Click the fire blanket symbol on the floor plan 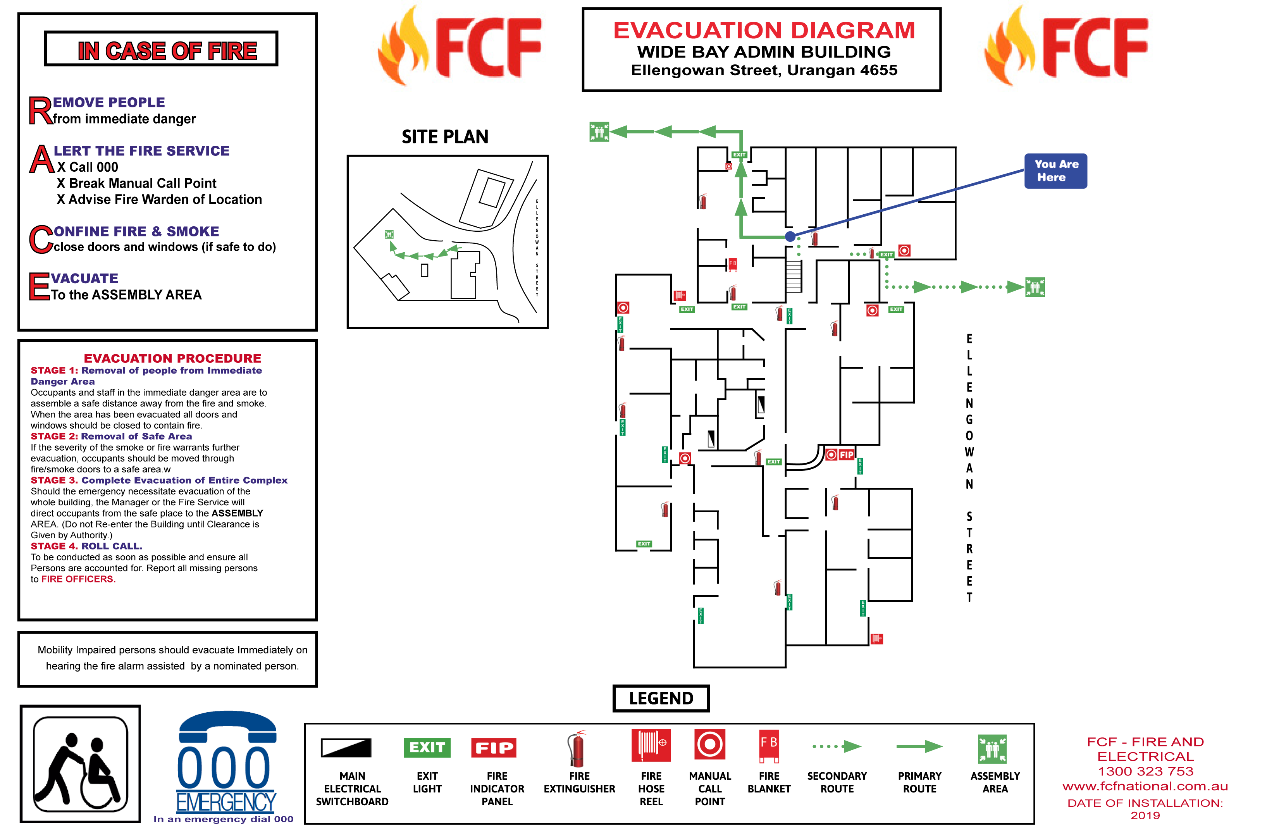coord(733,264)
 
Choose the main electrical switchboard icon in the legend coord(346,748)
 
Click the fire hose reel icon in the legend coord(651,745)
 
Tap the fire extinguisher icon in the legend coord(577,748)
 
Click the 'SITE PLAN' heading coord(445,137)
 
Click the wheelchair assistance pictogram coord(80,763)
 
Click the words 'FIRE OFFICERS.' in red coord(78,579)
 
